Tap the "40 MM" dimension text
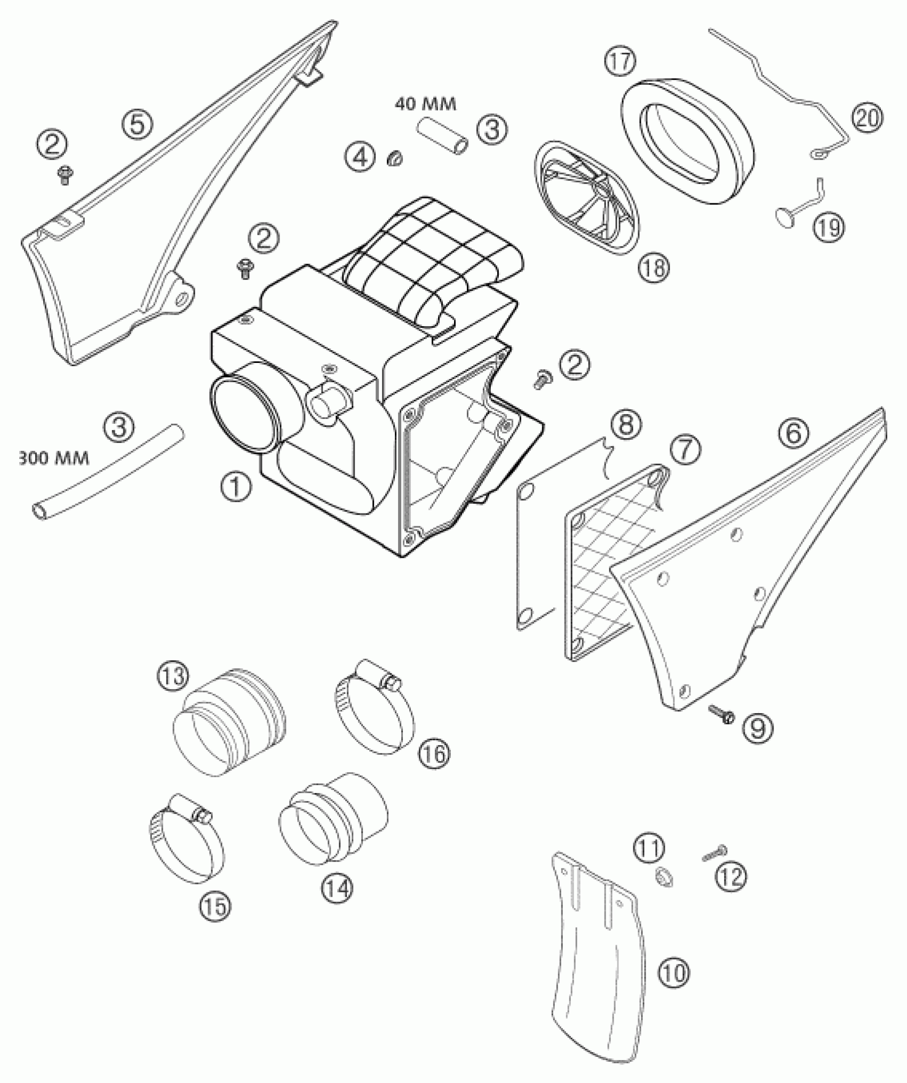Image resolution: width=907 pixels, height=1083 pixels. tap(425, 104)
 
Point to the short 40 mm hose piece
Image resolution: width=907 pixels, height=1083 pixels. tap(443, 137)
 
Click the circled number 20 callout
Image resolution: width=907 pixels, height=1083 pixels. tap(866, 118)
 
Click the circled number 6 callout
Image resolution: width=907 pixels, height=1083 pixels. tap(793, 433)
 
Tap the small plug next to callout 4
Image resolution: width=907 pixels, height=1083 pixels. tap(395, 158)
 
